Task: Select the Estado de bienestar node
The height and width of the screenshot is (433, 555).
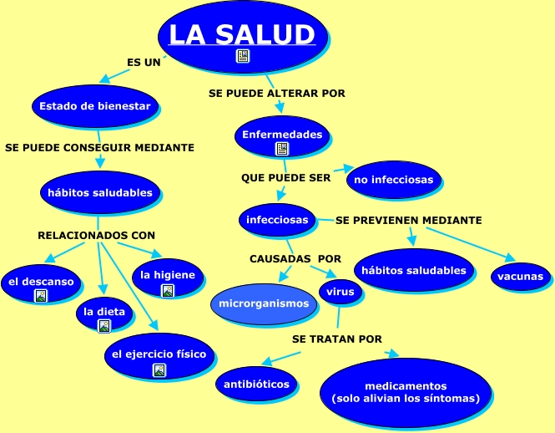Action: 95,106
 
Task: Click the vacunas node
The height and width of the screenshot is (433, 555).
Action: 520,277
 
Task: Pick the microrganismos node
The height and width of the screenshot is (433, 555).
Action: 264,303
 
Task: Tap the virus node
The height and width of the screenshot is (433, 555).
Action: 338,293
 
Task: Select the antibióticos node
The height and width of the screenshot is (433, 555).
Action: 257,384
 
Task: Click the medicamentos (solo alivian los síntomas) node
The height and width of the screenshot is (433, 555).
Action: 406,393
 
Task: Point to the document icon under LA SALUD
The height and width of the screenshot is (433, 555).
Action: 243,56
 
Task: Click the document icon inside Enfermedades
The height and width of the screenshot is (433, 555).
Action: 282,149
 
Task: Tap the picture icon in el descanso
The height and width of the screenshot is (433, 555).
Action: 41,295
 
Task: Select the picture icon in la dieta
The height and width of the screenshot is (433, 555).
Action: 104,326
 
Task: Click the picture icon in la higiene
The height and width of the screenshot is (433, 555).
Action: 168,290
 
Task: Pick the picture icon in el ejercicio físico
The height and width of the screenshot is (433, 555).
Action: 159,369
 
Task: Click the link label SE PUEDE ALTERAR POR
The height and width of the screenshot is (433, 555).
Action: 276,94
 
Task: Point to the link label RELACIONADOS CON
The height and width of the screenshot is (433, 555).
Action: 97,235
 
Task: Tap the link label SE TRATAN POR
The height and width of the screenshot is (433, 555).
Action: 337,339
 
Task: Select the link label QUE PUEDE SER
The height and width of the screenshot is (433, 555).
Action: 286,178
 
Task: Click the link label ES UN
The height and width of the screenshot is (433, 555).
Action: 144,63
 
